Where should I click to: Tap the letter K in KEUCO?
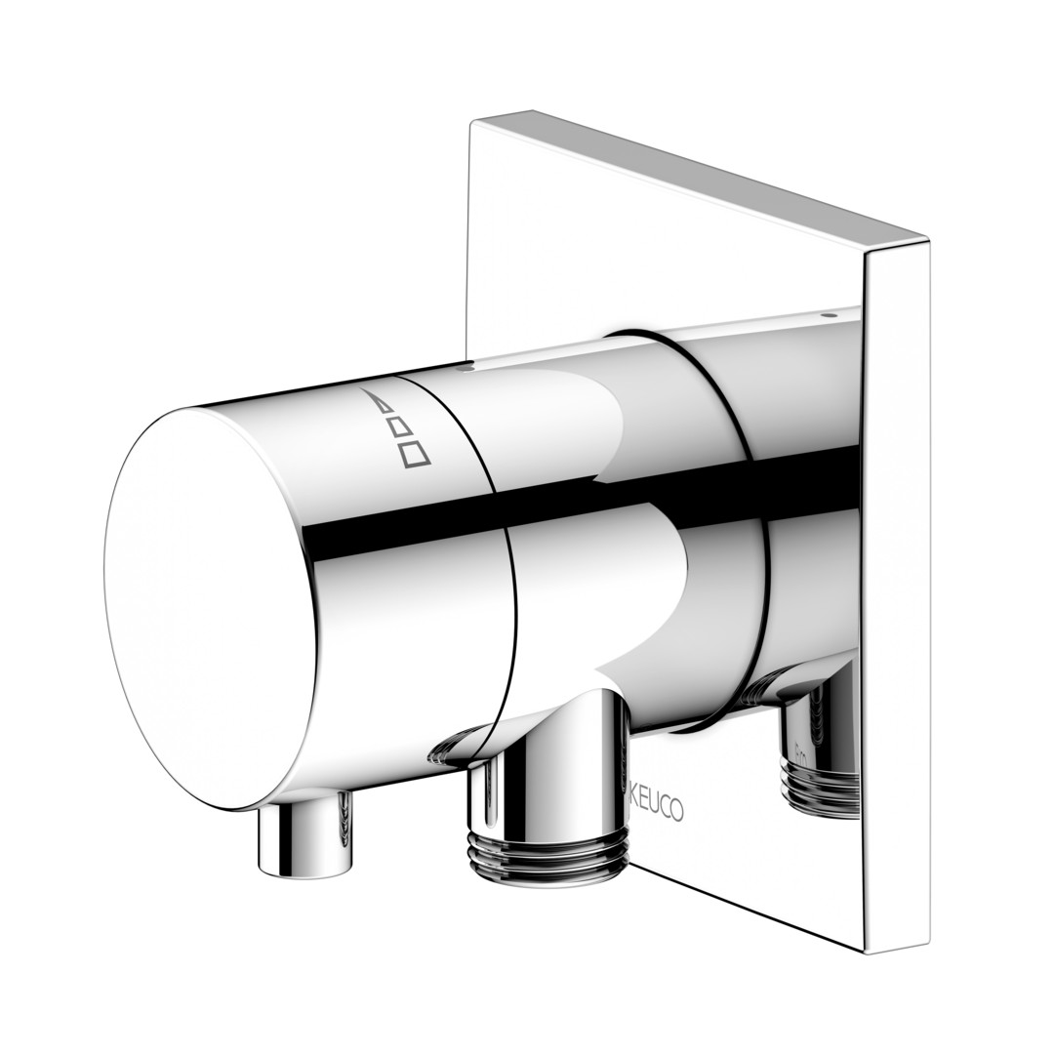coord(635,802)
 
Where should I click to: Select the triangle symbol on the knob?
coord(379,401)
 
